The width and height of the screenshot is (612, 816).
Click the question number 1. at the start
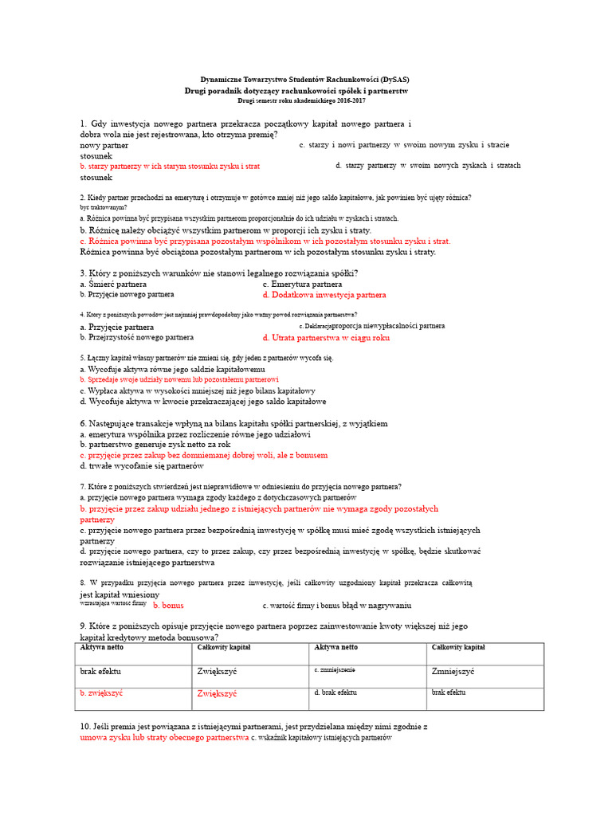83,124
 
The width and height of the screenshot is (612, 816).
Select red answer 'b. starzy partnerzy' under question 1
170,167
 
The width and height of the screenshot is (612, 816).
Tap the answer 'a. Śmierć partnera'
113,284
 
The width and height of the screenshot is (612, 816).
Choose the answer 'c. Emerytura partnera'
302,284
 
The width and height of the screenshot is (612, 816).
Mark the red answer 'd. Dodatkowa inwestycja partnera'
324,295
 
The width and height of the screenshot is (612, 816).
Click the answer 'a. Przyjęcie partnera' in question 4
117,327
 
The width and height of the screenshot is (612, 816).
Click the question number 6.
84,423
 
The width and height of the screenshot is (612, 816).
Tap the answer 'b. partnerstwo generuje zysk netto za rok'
155,445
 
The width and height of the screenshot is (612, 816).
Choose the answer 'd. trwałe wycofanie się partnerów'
142,465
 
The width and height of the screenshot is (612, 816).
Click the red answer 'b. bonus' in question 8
168,606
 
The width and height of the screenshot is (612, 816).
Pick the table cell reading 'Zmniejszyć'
453,672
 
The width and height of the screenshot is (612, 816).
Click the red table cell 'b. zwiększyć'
101,693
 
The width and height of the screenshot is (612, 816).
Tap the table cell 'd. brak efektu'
336,693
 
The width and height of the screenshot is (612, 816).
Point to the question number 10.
86,727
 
